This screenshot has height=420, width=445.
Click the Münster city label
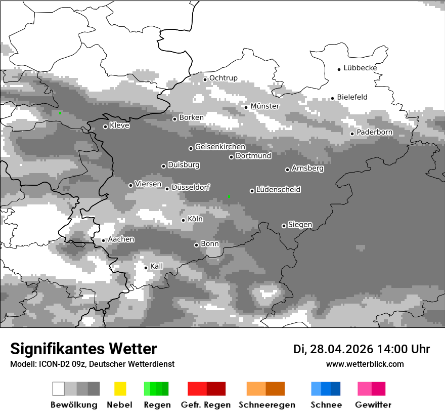point(265,106)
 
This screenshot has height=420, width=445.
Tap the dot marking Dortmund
point(231,157)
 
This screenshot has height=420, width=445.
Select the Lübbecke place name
point(360,68)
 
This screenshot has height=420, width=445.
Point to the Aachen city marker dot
point(103,240)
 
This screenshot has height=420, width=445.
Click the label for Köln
point(195,219)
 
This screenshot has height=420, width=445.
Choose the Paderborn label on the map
point(374,132)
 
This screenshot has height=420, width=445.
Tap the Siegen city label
point(300,225)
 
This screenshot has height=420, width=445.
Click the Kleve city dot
point(105,127)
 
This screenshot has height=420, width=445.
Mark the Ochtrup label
point(223,78)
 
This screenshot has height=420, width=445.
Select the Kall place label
point(157,266)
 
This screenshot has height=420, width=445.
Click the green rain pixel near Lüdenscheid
point(229,196)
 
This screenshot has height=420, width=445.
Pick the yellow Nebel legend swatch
point(120,389)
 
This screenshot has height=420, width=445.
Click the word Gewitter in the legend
point(373,405)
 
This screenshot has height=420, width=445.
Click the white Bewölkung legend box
point(59,389)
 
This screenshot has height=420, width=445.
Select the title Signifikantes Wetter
point(83,349)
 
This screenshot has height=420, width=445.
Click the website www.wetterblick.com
point(365,364)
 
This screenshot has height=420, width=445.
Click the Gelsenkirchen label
point(220,147)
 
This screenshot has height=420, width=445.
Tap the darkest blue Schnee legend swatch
point(336,389)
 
